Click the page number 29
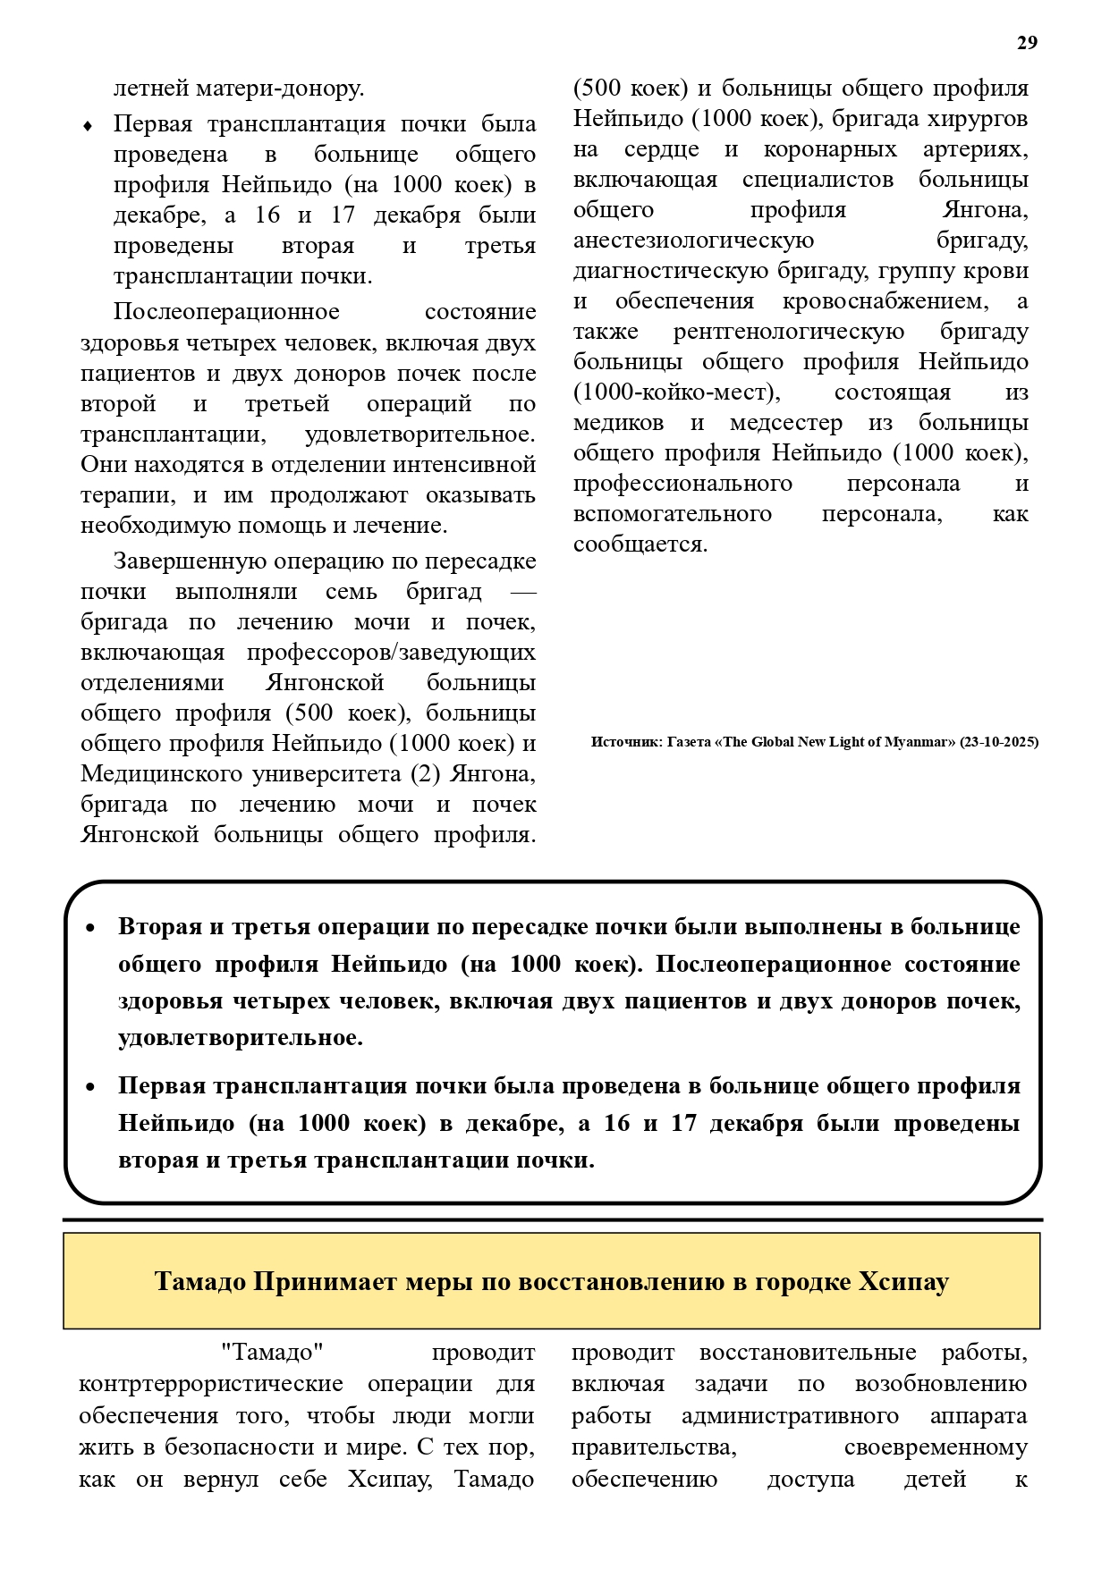[x=1027, y=43]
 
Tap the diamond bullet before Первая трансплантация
[x=88, y=126]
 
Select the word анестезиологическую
[x=693, y=240]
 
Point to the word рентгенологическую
[x=788, y=332]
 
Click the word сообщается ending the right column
[x=639, y=544]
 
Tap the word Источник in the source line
[x=624, y=742]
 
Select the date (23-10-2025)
[x=999, y=742]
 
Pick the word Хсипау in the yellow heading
[x=903, y=1282]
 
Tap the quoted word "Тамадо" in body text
[x=271, y=1354]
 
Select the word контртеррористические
[x=211, y=1384]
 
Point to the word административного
[x=790, y=1416]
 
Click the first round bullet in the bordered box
[x=90, y=928]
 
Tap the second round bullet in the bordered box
[x=90, y=1087]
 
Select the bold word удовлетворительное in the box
[x=240, y=1038]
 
